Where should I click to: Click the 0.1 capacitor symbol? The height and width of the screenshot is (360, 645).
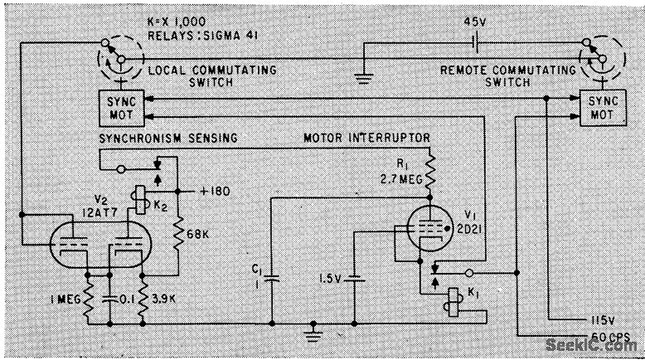coord(109,297)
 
